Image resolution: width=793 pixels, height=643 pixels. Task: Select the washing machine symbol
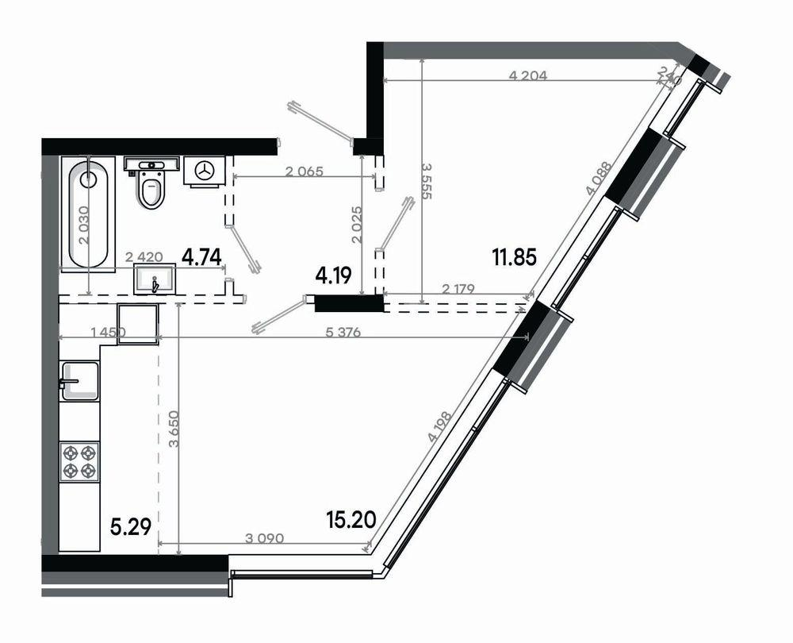pyautogui.click(x=206, y=171)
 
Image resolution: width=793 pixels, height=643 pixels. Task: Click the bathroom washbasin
pyautogui.click(x=155, y=281)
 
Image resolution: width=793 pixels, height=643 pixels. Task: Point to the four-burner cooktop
pyautogui.click(x=80, y=461)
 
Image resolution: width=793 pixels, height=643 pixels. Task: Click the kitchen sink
pyautogui.click(x=80, y=382)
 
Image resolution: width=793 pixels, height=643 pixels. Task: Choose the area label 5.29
pyautogui.click(x=130, y=525)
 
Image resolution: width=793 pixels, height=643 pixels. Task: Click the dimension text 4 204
pyautogui.click(x=528, y=75)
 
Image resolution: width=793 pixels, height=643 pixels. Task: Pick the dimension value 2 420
pyautogui.click(x=144, y=256)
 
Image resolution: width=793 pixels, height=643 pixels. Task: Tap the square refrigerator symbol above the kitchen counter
pyautogui.click(x=138, y=324)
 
